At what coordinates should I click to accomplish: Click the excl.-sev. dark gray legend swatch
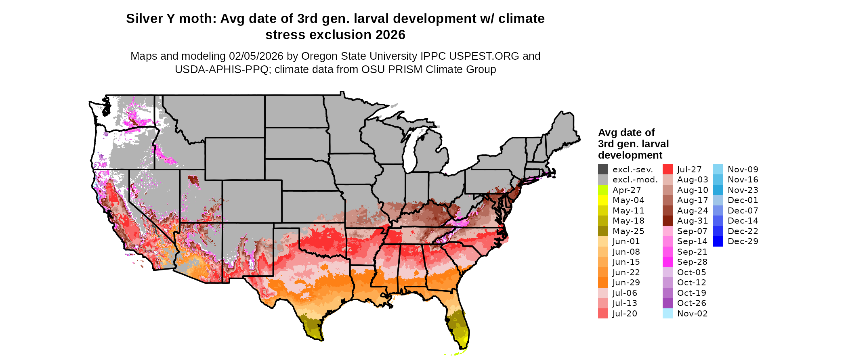(x=603, y=170)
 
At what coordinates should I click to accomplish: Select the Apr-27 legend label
(x=626, y=190)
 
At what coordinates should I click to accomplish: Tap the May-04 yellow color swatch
(x=603, y=200)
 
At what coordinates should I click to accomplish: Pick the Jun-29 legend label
(x=626, y=283)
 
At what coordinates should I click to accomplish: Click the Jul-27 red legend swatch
(x=667, y=170)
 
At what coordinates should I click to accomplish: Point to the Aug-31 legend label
(x=693, y=221)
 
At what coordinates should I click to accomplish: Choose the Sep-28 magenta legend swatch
(x=667, y=262)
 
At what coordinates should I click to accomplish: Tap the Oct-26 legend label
(x=692, y=303)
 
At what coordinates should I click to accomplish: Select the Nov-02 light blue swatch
(x=667, y=314)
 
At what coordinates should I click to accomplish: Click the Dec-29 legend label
(x=743, y=241)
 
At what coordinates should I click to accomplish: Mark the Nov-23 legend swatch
(x=718, y=190)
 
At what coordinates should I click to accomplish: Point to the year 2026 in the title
(x=390, y=35)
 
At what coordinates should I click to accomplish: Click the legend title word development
(x=630, y=155)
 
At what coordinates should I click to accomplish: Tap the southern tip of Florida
(x=463, y=346)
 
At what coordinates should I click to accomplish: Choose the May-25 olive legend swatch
(x=603, y=231)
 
